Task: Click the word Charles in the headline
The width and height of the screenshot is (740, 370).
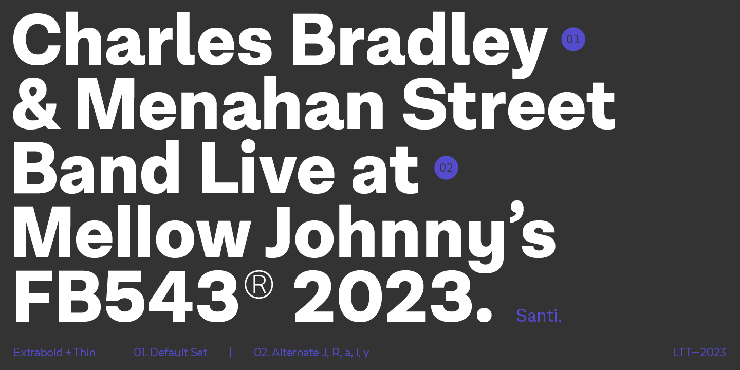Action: pos(142,39)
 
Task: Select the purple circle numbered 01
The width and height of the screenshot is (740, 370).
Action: pos(573,39)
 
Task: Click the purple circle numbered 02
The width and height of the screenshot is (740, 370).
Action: pos(446,168)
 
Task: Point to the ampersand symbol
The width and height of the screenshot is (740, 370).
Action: pos(36,103)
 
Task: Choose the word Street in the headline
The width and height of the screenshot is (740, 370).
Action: pos(509,103)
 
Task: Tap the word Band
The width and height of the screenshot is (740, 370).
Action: pos(96,167)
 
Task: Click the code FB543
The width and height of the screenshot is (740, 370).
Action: pos(125,296)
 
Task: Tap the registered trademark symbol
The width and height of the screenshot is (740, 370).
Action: pos(258,285)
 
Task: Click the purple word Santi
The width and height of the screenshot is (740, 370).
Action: pos(539,316)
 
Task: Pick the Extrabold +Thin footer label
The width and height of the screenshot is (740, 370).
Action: pos(54,352)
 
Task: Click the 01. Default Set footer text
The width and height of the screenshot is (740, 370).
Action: pos(171,352)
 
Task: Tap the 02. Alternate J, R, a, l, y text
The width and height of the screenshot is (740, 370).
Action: pos(311,353)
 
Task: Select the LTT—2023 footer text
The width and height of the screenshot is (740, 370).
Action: pos(700,352)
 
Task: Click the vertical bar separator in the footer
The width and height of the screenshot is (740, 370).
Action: pos(230,353)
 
